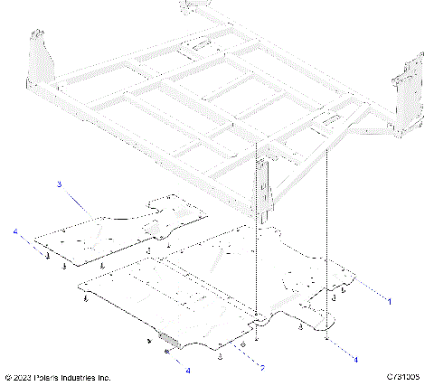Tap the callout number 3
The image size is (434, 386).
point(59,184)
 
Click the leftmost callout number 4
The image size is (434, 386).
point(15,232)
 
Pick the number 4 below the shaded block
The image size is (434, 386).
point(188,370)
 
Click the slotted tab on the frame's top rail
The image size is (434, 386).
point(196,45)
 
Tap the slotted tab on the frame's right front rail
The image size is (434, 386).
point(329,120)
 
